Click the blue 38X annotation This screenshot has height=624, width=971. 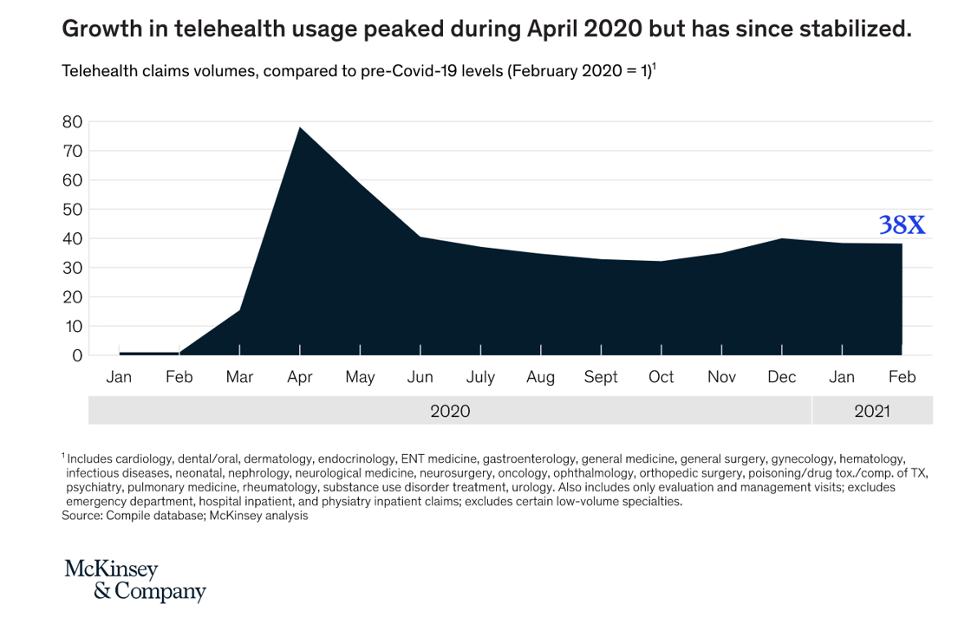[x=902, y=225]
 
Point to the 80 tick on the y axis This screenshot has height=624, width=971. [x=72, y=122]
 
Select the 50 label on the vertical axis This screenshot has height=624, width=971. [x=72, y=210]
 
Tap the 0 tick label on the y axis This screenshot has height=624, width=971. [x=77, y=355]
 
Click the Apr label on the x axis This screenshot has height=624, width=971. [x=299, y=377]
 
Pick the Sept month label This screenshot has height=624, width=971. [x=601, y=377]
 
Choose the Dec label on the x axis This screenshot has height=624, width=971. [x=782, y=377]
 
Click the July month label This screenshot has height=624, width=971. [x=480, y=377]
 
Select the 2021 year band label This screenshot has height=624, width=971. [x=872, y=411]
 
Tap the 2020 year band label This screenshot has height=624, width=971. [x=450, y=411]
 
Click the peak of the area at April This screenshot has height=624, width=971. [x=300, y=128]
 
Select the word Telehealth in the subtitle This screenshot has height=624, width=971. [x=99, y=71]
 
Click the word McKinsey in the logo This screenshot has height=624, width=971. [x=111, y=569]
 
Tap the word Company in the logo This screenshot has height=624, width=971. [x=160, y=592]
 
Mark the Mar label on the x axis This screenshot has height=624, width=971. [x=239, y=377]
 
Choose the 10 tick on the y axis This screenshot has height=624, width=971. [x=72, y=326]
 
